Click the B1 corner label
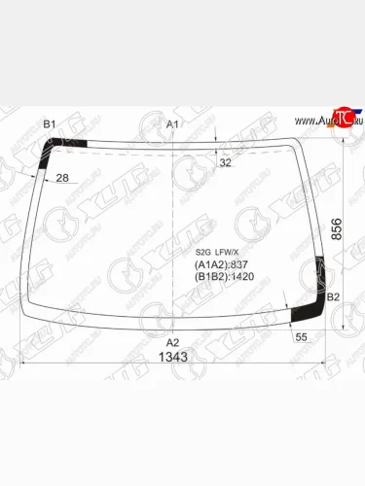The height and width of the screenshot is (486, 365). pos(50,124)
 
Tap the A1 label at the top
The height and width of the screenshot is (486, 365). pos(172,125)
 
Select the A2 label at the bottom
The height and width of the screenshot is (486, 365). pos(172,342)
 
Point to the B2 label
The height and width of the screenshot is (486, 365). pos(333,296)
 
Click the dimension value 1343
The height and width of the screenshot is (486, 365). pos(173,357)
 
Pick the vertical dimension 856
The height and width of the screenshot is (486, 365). pos(337,230)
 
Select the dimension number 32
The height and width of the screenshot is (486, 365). pos(226,162)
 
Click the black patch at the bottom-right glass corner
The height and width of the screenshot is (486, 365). pos(310,310)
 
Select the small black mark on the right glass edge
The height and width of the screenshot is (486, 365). pos(322,265)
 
